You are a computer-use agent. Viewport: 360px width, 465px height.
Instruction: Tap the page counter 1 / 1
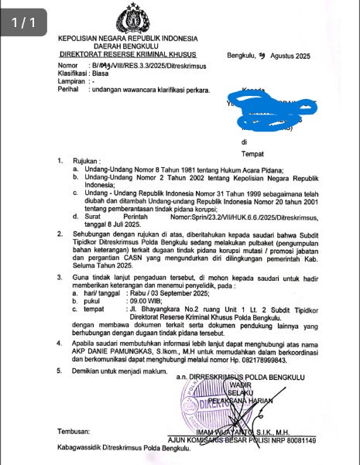pyautogui.click(x=24, y=24)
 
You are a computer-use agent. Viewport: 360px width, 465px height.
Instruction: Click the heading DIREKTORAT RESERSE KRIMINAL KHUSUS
pyautogui.click(x=128, y=56)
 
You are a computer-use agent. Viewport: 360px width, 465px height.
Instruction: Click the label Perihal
pyautogui.click(x=70, y=89)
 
